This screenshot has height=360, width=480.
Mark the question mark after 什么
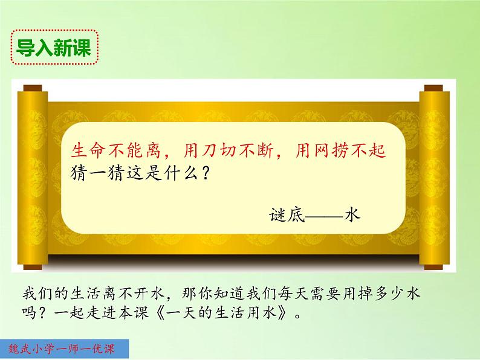205,174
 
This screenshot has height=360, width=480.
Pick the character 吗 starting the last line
28,314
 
